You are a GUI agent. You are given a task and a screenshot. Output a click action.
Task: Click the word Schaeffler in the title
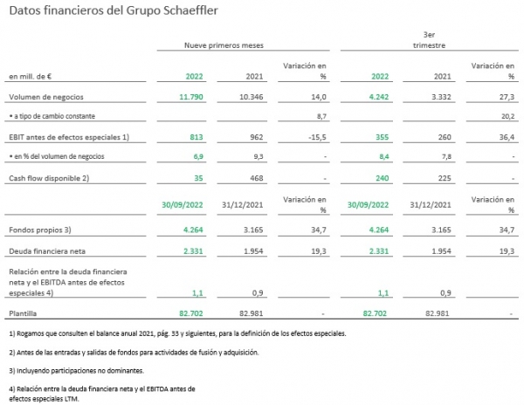[190, 10]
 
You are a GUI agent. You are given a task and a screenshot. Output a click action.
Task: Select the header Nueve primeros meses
[224, 45]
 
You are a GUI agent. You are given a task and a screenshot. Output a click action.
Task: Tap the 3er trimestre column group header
[429, 40]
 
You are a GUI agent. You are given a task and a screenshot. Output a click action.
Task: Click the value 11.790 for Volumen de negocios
[191, 97]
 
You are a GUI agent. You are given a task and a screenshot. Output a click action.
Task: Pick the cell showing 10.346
[252, 97]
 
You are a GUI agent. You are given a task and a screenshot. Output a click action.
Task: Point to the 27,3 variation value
[507, 97]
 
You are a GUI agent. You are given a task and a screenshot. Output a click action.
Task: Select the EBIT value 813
[196, 137]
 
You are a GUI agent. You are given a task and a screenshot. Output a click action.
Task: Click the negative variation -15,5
[317, 137]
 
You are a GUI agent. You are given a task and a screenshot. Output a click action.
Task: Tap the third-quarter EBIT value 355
[382, 137]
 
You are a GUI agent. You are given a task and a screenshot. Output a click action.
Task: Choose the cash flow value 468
[257, 178]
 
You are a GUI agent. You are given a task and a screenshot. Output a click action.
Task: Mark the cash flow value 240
[382, 178]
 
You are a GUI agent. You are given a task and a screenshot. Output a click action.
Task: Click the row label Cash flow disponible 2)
[49, 178]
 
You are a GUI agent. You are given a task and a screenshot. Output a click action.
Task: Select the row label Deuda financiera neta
[47, 251]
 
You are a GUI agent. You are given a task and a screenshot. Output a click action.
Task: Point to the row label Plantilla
[23, 313]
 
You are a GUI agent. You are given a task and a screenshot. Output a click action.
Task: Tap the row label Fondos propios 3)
[40, 230]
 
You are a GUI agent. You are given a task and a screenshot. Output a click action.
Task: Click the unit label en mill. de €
[30, 77]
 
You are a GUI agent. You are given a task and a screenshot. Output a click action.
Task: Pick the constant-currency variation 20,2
[508, 116]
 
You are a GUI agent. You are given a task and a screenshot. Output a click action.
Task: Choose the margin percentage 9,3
[259, 156]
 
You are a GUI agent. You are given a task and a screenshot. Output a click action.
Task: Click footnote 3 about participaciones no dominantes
[77, 371]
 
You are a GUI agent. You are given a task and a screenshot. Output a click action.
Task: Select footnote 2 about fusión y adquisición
[134, 353]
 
